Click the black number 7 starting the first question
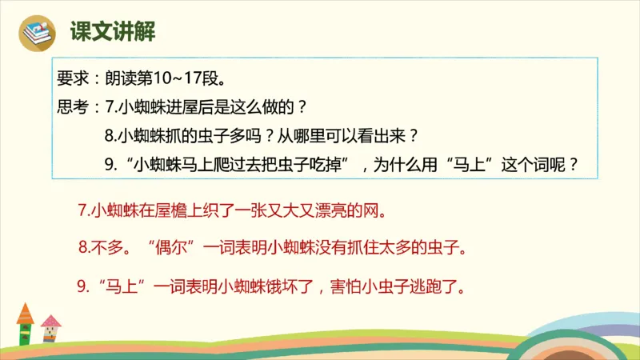110,106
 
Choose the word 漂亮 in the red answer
323,213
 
